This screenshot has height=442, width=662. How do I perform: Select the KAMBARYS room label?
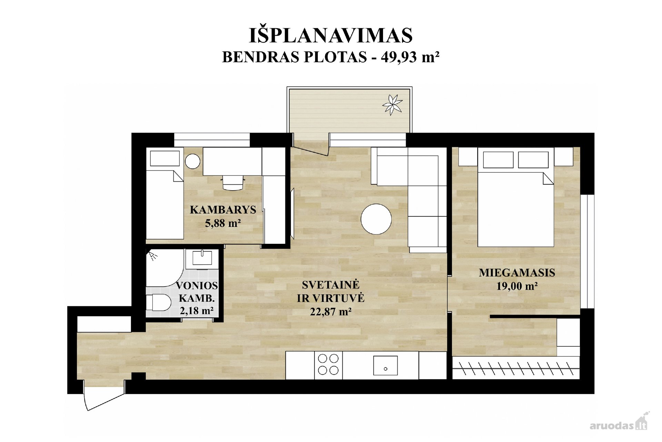(223, 210)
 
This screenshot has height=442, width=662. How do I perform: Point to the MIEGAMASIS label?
(517, 272)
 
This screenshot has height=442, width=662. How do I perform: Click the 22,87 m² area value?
(331, 312)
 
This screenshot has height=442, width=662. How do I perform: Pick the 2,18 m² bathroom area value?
(197, 311)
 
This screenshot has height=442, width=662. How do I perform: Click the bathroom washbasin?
(202, 258)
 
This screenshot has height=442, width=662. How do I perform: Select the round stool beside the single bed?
(192, 161)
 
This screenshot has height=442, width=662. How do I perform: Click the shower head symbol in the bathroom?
(152, 255)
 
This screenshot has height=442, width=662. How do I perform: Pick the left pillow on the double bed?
(498, 160)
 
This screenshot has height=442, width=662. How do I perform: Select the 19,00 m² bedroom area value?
(517, 286)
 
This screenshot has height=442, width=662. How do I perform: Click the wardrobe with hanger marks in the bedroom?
(516, 368)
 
